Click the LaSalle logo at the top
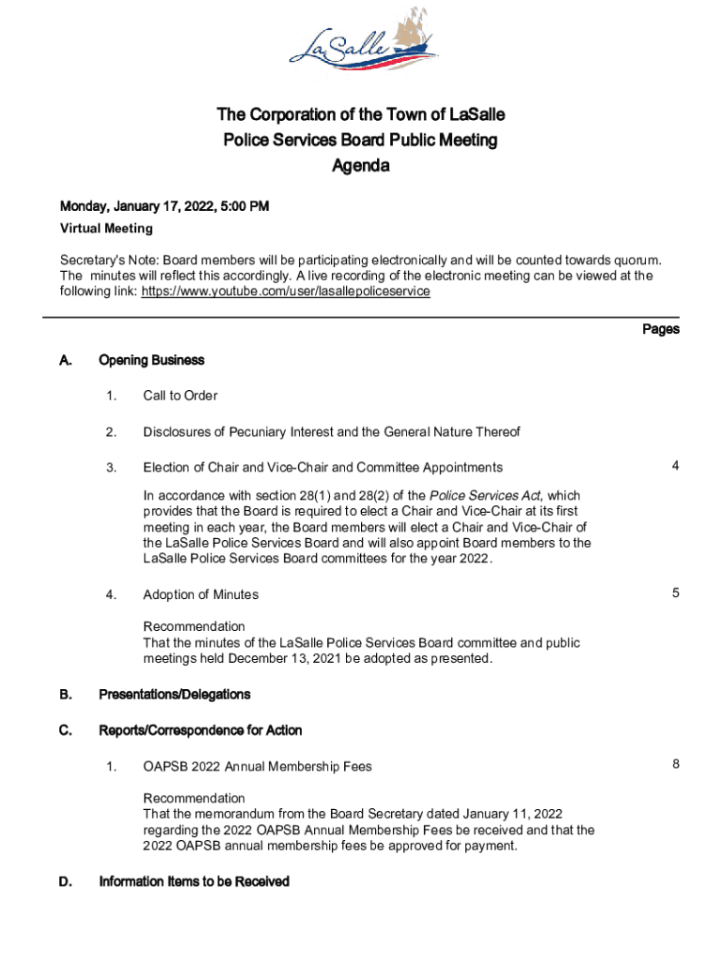click(x=360, y=47)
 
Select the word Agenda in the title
click(x=361, y=166)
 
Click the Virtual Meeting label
click(x=106, y=228)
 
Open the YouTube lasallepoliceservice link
click(x=285, y=292)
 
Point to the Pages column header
click(x=660, y=329)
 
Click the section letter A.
click(x=66, y=360)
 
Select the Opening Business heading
click(x=151, y=360)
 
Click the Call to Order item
click(x=180, y=396)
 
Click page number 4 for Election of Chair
click(x=675, y=466)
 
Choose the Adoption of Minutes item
click(x=201, y=594)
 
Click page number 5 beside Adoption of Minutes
click(x=675, y=592)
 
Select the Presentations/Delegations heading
click(x=174, y=695)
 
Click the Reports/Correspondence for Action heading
click(x=200, y=729)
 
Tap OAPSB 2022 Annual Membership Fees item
click(x=257, y=767)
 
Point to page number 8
click(x=675, y=764)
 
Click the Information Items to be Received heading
click(x=194, y=881)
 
